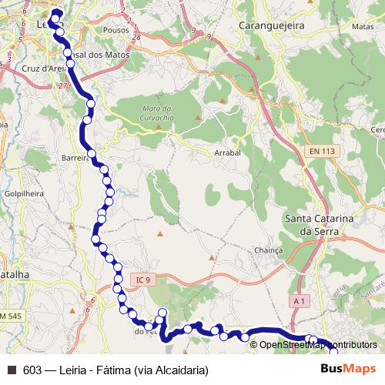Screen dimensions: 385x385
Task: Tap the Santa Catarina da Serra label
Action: point(319,225)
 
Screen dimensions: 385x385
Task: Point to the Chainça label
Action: point(269,250)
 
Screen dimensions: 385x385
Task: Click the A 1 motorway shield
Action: point(299,302)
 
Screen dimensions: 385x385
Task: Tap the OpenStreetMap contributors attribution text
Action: point(318,344)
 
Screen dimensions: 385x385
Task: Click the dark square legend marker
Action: point(12,370)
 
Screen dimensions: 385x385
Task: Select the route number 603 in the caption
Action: point(32,370)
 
